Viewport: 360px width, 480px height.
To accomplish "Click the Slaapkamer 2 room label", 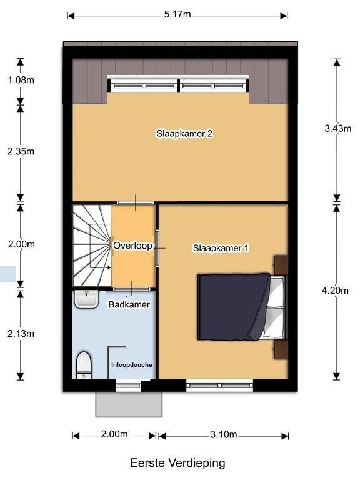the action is click(184, 134).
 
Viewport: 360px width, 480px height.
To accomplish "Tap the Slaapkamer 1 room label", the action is click(221, 248).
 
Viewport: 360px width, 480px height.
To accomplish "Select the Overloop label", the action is click(132, 246).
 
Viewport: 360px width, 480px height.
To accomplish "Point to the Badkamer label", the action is click(129, 304).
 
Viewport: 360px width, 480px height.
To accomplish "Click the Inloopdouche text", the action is click(132, 365).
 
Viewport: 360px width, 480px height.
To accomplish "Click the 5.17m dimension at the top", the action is click(177, 14).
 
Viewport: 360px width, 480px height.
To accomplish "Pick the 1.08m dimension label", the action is click(21, 80).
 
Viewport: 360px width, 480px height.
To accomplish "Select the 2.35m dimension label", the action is click(21, 151).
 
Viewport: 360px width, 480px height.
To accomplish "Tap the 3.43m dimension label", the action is click(338, 128).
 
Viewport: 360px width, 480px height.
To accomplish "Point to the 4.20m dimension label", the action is click(335, 290).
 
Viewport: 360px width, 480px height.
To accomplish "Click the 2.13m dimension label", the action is click(21, 333).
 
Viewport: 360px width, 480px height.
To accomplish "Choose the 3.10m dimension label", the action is click(224, 434).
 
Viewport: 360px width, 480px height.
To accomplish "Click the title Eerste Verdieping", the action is click(178, 463).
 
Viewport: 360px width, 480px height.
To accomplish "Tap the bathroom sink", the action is click(87, 299).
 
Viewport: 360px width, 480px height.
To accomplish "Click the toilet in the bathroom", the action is click(84, 365).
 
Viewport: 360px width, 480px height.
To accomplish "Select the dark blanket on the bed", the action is click(232, 307).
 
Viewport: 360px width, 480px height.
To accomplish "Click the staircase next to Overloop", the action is click(91, 246).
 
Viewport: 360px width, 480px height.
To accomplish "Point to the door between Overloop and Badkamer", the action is click(132, 289).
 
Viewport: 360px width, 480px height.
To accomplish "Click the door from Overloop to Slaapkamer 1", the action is click(157, 248).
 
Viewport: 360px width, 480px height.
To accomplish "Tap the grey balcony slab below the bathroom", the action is click(129, 404).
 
